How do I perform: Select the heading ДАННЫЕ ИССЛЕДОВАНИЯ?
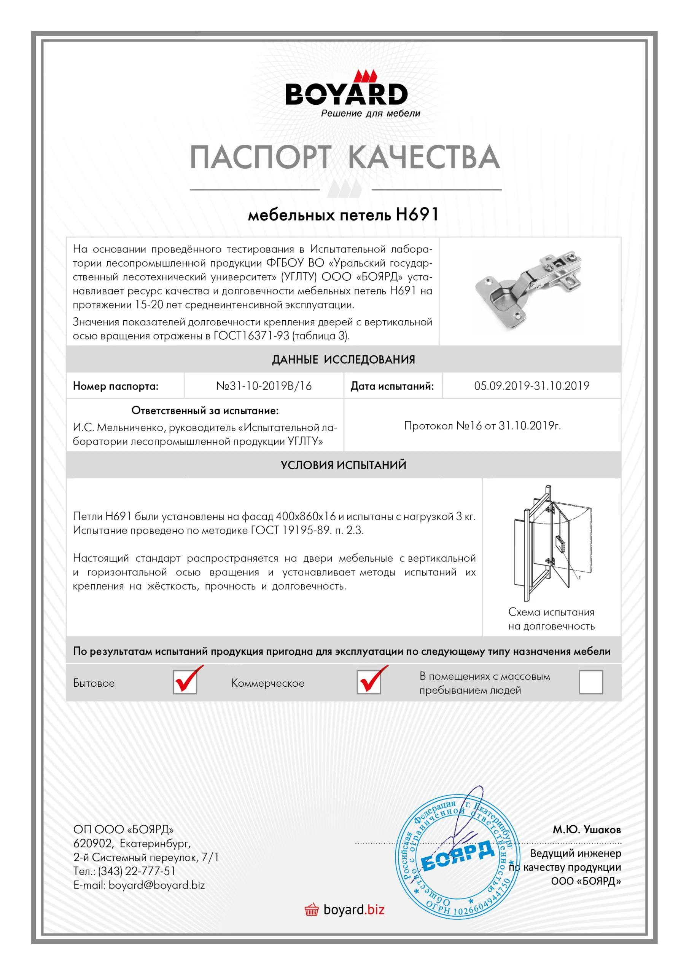tap(343, 360)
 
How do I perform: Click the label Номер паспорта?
tap(115, 386)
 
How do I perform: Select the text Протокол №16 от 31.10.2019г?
tap(482, 425)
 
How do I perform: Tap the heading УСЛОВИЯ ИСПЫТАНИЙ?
tap(343, 465)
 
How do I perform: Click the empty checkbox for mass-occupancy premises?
tap(590, 682)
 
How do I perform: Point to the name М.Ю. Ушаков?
tap(586, 830)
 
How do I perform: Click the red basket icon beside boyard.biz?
tap(312, 909)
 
